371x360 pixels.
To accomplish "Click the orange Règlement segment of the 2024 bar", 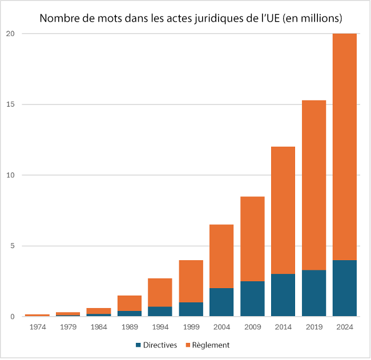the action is pyautogui.click(x=345, y=147).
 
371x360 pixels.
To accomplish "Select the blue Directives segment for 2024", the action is pyautogui.click(x=345, y=288).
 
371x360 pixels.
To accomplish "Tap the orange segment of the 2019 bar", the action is pyautogui.click(x=314, y=185).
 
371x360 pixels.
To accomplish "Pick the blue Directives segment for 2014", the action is pyautogui.click(x=283, y=295).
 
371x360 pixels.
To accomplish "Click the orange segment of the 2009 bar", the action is pyautogui.click(x=252, y=239).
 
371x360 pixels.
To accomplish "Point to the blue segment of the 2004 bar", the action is pyautogui.click(x=221, y=302).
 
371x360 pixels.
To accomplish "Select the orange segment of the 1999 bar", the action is pyautogui.click(x=191, y=281).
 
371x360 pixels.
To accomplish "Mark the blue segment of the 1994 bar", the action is pyautogui.click(x=160, y=312).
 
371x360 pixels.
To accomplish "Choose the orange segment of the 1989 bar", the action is pyautogui.click(x=130, y=303).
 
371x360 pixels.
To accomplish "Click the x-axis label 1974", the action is pyautogui.click(x=38, y=327).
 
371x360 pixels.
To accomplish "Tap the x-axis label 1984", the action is pyautogui.click(x=99, y=327).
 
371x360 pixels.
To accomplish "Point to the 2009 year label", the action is pyautogui.click(x=253, y=327).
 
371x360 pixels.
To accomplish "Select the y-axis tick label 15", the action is pyautogui.click(x=10, y=104).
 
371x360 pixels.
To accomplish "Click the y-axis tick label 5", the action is pyautogui.click(x=13, y=246).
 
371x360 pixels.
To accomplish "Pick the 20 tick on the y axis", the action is pyautogui.click(x=10, y=34).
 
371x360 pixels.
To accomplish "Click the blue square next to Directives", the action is pyautogui.click(x=139, y=345).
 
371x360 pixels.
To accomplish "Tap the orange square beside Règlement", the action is pyautogui.click(x=188, y=345).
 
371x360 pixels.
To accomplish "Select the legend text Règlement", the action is pyautogui.click(x=211, y=345).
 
